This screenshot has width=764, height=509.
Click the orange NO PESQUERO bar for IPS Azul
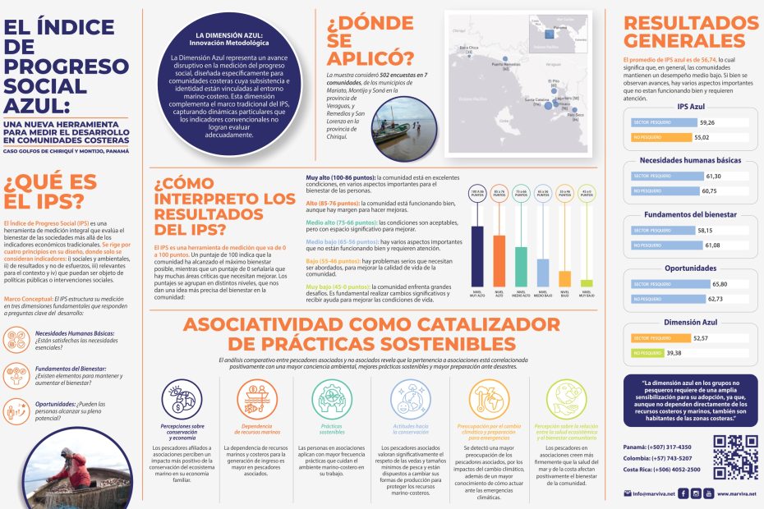click(662, 137)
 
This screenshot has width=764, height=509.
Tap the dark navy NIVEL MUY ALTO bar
click(476, 255)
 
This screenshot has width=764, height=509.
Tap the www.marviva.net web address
click(734, 493)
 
